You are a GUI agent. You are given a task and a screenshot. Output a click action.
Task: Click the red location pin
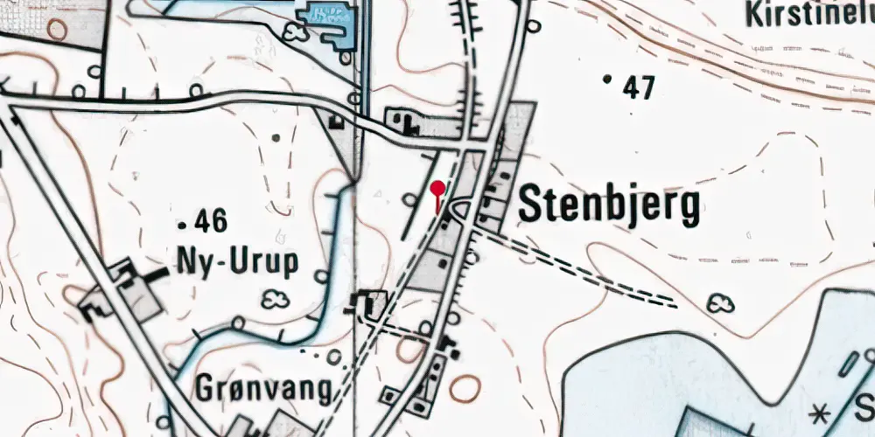coord(437,190)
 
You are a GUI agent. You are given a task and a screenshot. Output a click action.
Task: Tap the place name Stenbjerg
coord(610,206)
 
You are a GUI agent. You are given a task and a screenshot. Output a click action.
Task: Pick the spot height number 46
coord(212,222)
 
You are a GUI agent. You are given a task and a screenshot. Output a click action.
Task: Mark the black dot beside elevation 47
coord(608,80)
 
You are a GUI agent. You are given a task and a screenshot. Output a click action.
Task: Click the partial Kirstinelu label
coord(809,13)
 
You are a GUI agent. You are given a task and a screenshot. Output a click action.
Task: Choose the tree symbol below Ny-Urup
coord(276,298)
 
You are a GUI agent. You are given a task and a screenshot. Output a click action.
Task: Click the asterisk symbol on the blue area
coord(820,411)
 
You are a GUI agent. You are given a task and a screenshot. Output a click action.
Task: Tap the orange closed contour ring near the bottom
coord(465,387)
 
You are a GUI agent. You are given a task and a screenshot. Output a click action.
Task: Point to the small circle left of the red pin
coord(409,200)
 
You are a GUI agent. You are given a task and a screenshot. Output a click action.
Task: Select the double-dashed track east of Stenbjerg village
coord(577,267)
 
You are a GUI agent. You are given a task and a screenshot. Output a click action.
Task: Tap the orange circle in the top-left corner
coord(57,29)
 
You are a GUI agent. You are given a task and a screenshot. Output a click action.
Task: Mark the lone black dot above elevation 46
coord(277,137)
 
